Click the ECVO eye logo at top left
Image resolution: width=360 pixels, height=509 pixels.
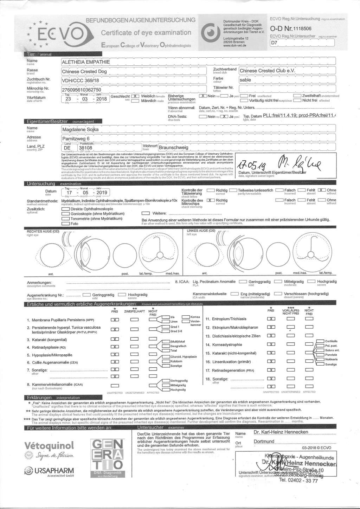pyautogui.click(x=56, y=34)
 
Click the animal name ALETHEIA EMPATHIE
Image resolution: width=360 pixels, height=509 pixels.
pyautogui.click(x=86, y=62)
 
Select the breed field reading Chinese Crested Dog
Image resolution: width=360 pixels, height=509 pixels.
pyautogui.click(x=84, y=71)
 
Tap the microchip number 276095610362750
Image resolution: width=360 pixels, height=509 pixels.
pyautogui.click(x=82, y=90)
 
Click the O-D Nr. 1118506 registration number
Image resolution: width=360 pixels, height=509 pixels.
pyautogui.click(x=290, y=28)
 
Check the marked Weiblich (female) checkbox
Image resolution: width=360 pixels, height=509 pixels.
pyautogui.click(x=135, y=96)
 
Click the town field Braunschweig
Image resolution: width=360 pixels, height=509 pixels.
pyautogui.click(x=174, y=148)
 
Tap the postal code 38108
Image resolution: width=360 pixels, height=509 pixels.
pyautogui.click(x=86, y=148)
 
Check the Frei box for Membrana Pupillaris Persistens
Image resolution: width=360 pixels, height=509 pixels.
pyautogui.click(x=115, y=320)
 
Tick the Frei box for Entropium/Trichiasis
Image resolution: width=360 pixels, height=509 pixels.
pyautogui.click(x=271, y=319)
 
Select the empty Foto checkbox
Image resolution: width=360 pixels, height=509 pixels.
pyautogui.click(x=65, y=224)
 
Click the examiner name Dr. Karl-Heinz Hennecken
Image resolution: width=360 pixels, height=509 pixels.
pyautogui.click(x=281, y=432)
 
